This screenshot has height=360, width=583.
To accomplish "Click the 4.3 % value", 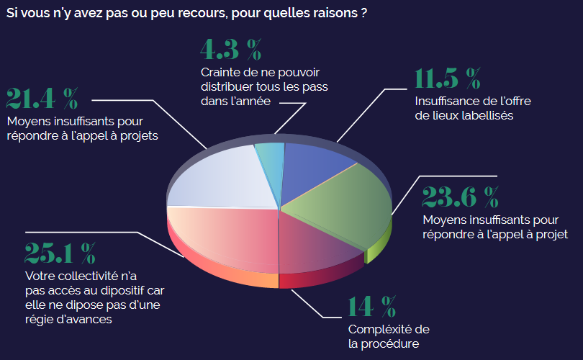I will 230,51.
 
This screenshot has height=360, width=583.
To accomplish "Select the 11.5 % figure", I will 447,78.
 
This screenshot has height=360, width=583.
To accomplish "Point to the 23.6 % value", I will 460,196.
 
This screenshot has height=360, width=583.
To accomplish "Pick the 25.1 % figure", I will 60,253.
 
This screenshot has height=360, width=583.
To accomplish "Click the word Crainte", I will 221,72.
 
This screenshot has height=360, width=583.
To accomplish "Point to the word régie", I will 40,319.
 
